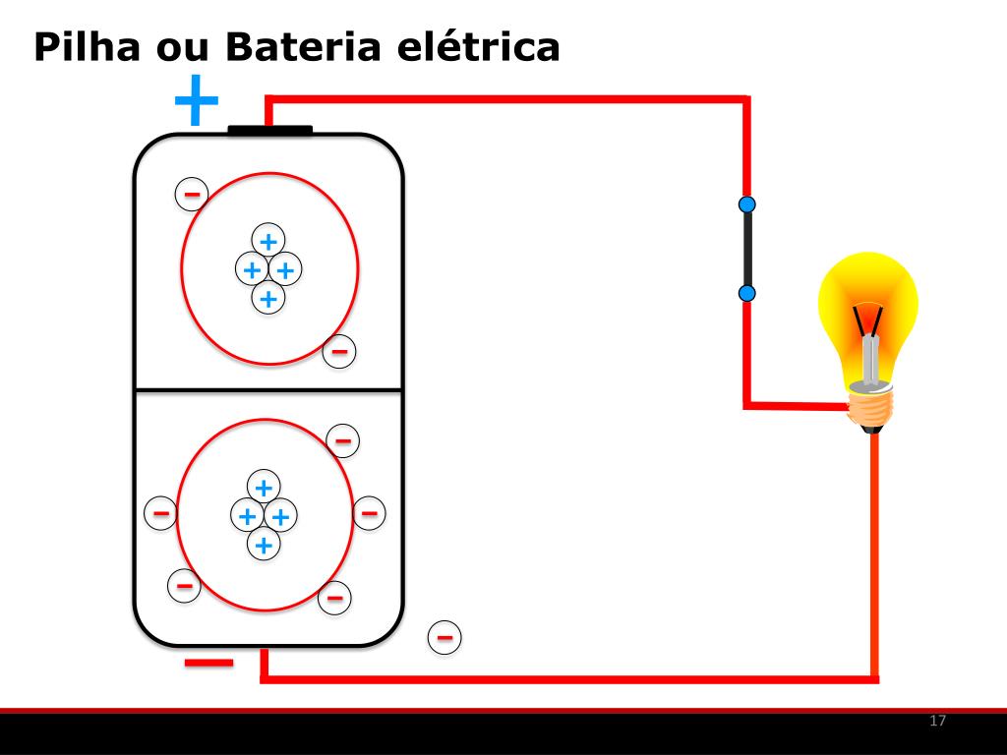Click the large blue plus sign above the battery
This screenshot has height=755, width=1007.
pyautogui.click(x=196, y=100)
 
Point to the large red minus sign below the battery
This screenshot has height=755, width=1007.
pyautogui.click(x=208, y=663)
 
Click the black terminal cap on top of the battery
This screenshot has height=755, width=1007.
pyautogui.click(x=269, y=130)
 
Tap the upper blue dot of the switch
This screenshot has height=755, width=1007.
pyautogui.click(x=747, y=204)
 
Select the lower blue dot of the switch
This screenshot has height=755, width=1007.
pyautogui.click(x=747, y=293)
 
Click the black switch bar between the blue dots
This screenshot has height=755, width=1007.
pyautogui.click(x=747, y=249)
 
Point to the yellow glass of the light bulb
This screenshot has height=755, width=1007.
pyautogui.click(x=869, y=295)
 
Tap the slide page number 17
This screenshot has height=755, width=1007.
pyautogui.click(x=937, y=722)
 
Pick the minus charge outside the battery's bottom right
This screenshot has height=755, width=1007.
pyautogui.click(x=444, y=638)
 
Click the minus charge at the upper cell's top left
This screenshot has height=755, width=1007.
pyautogui.click(x=191, y=195)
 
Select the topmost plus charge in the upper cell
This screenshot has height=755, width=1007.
pyautogui.click(x=267, y=240)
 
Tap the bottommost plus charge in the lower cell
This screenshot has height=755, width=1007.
pyautogui.click(x=263, y=544)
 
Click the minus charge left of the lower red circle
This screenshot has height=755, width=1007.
pyautogui.click(x=160, y=512)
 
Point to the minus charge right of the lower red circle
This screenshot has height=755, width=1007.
pyautogui.click(x=369, y=512)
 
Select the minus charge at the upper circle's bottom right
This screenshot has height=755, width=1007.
pyautogui.click(x=339, y=350)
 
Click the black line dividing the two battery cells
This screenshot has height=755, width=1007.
pyautogui.click(x=268, y=390)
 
